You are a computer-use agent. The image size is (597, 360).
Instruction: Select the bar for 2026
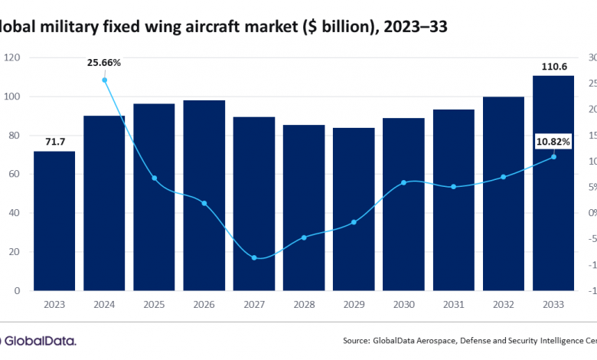(204, 195)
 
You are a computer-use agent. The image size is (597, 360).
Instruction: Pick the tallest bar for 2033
(553, 183)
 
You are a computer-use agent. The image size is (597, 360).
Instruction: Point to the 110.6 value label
(553, 67)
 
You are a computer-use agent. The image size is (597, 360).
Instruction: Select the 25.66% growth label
(104, 61)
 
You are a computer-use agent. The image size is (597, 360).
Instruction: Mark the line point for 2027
(254, 257)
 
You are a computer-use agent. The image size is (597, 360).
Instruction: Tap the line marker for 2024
(104, 80)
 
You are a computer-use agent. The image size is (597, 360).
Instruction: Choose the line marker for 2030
(403, 183)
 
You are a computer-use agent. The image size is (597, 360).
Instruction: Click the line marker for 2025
(154, 178)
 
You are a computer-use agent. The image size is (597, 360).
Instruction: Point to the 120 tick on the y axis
(12, 57)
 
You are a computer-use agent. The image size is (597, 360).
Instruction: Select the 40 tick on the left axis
(15, 213)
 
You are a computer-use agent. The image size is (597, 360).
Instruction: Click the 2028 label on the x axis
(304, 304)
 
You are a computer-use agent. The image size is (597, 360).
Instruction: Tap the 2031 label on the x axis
(453, 304)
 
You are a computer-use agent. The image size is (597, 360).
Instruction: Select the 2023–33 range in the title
(409, 26)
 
